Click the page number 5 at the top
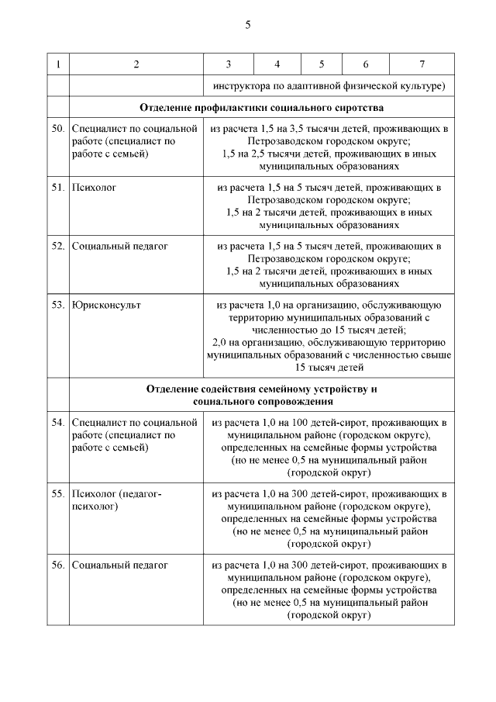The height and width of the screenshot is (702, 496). (x=248, y=25)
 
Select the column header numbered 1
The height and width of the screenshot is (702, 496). (x=58, y=64)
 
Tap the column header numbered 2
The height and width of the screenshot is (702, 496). (x=136, y=64)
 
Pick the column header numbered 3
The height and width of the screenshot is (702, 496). (x=228, y=64)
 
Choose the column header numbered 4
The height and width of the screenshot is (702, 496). (x=277, y=64)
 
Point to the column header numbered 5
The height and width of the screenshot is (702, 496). (x=321, y=64)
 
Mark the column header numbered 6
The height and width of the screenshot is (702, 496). (x=365, y=64)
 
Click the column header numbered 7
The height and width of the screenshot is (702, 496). (x=422, y=64)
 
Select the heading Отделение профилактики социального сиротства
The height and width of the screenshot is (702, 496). (x=262, y=107)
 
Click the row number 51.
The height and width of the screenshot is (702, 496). (x=58, y=187)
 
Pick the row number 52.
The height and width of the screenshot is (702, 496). (x=58, y=246)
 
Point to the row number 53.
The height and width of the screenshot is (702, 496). (x=58, y=305)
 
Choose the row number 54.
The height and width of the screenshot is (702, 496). (x=58, y=423)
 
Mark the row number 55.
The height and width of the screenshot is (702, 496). (x=58, y=493)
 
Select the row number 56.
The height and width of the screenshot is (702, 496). (x=58, y=565)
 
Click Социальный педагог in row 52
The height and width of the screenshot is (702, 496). (x=120, y=246)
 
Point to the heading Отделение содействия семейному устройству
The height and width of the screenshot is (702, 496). (x=262, y=388)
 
